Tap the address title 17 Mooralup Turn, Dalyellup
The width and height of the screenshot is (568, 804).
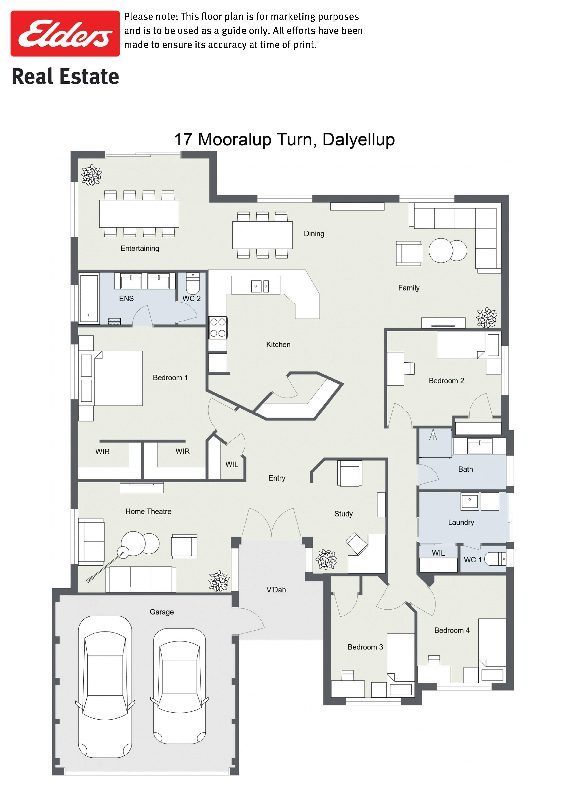point(284,139)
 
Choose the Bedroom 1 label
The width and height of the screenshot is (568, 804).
point(170,377)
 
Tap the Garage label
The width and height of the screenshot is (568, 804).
point(162,612)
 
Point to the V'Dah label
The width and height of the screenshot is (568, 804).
point(276,590)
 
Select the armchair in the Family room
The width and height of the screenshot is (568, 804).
point(409,253)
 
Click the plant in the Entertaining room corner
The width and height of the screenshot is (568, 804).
point(92,175)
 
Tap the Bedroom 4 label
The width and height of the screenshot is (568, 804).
point(452,630)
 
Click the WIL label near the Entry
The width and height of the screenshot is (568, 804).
point(232,464)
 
